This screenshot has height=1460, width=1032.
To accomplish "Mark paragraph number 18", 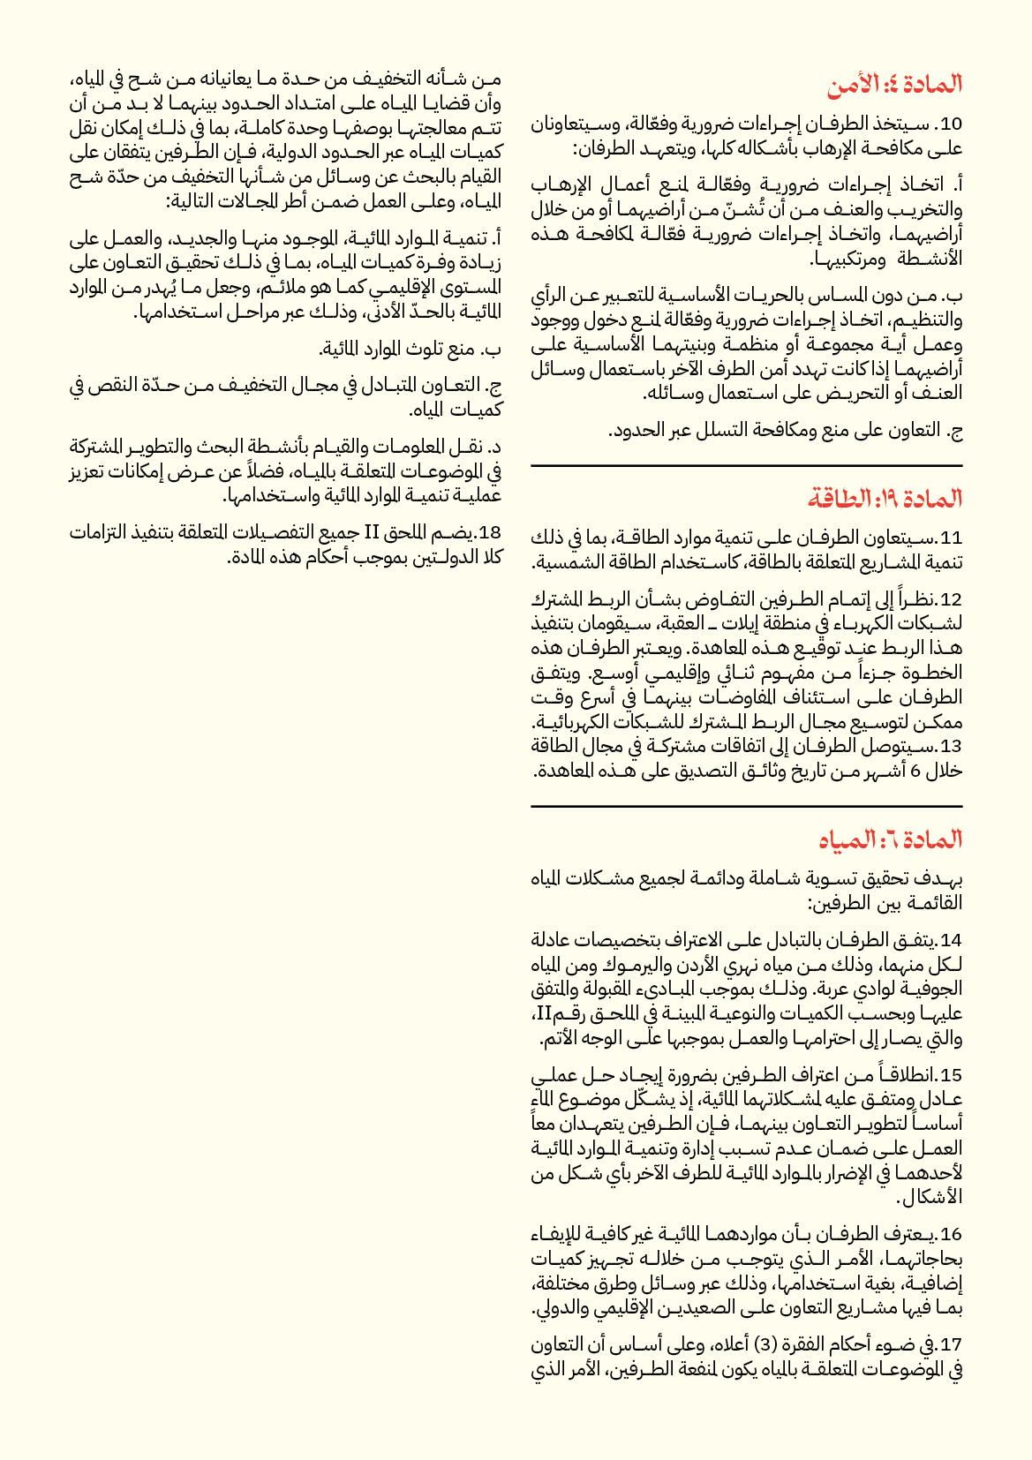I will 489,532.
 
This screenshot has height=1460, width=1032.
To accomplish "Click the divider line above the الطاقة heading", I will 746,465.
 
